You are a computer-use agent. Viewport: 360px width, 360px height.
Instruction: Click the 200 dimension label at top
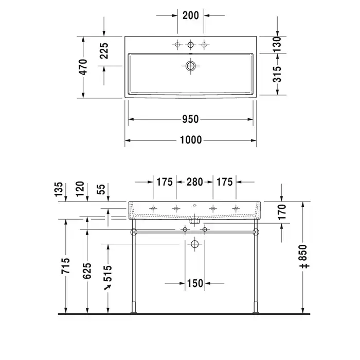click(x=191, y=15)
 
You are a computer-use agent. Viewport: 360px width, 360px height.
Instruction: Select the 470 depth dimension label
click(x=83, y=67)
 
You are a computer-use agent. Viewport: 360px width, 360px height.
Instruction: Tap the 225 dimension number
click(x=104, y=51)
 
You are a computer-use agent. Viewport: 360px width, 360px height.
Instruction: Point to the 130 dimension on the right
click(x=277, y=44)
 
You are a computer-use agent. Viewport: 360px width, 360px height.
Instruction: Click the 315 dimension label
click(x=277, y=74)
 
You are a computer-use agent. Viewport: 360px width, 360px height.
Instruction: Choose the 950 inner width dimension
click(x=190, y=119)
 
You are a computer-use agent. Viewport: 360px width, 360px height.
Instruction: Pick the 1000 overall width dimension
click(x=191, y=140)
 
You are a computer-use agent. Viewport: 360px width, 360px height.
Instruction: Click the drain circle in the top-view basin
click(x=191, y=66)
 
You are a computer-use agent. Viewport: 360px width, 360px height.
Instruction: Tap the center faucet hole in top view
click(x=191, y=45)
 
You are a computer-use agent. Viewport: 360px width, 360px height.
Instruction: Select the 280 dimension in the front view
click(x=195, y=182)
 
